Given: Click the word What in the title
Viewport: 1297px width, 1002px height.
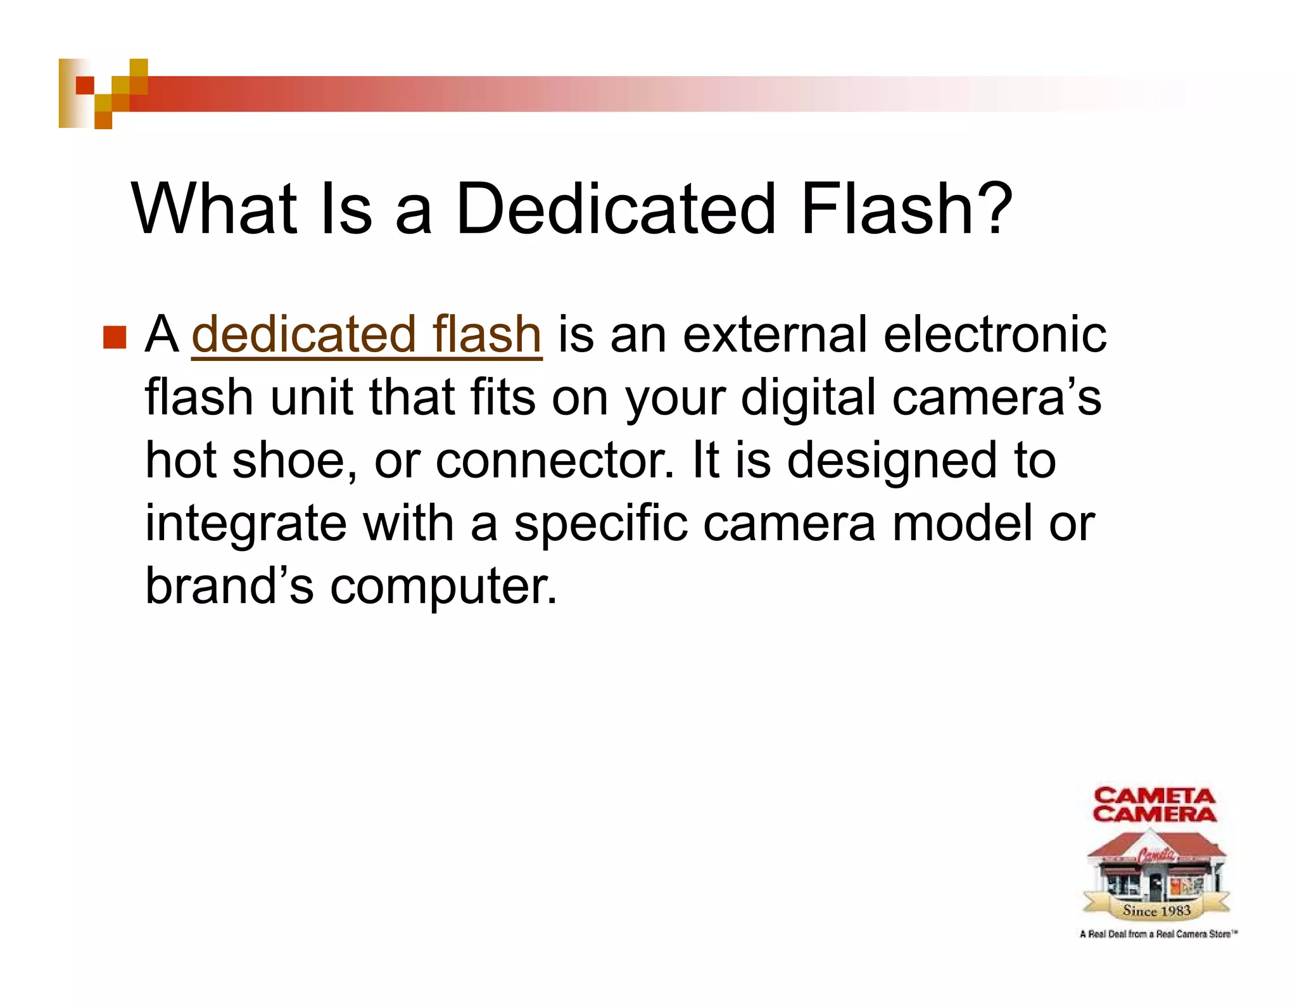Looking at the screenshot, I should pyautogui.click(x=214, y=208).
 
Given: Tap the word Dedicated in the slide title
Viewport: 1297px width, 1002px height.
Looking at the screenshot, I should pyautogui.click(x=615, y=208).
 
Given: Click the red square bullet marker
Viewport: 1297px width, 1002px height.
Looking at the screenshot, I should pyautogui.click(x=115, y=336).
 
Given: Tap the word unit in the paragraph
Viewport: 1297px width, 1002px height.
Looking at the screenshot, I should pyautogui.click(x=310, y=398).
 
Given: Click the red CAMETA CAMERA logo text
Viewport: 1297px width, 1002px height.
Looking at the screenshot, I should pyautogui.click(x=1155, y=805).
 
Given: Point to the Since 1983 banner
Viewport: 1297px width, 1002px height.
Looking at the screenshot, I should pyautogui.click(x=1156, y=911).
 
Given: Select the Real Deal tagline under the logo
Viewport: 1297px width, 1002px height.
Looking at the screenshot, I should pyautogui.click(x=1158, y=934).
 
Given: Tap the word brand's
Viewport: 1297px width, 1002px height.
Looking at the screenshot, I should pyautogui.click(x=229, y=586).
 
